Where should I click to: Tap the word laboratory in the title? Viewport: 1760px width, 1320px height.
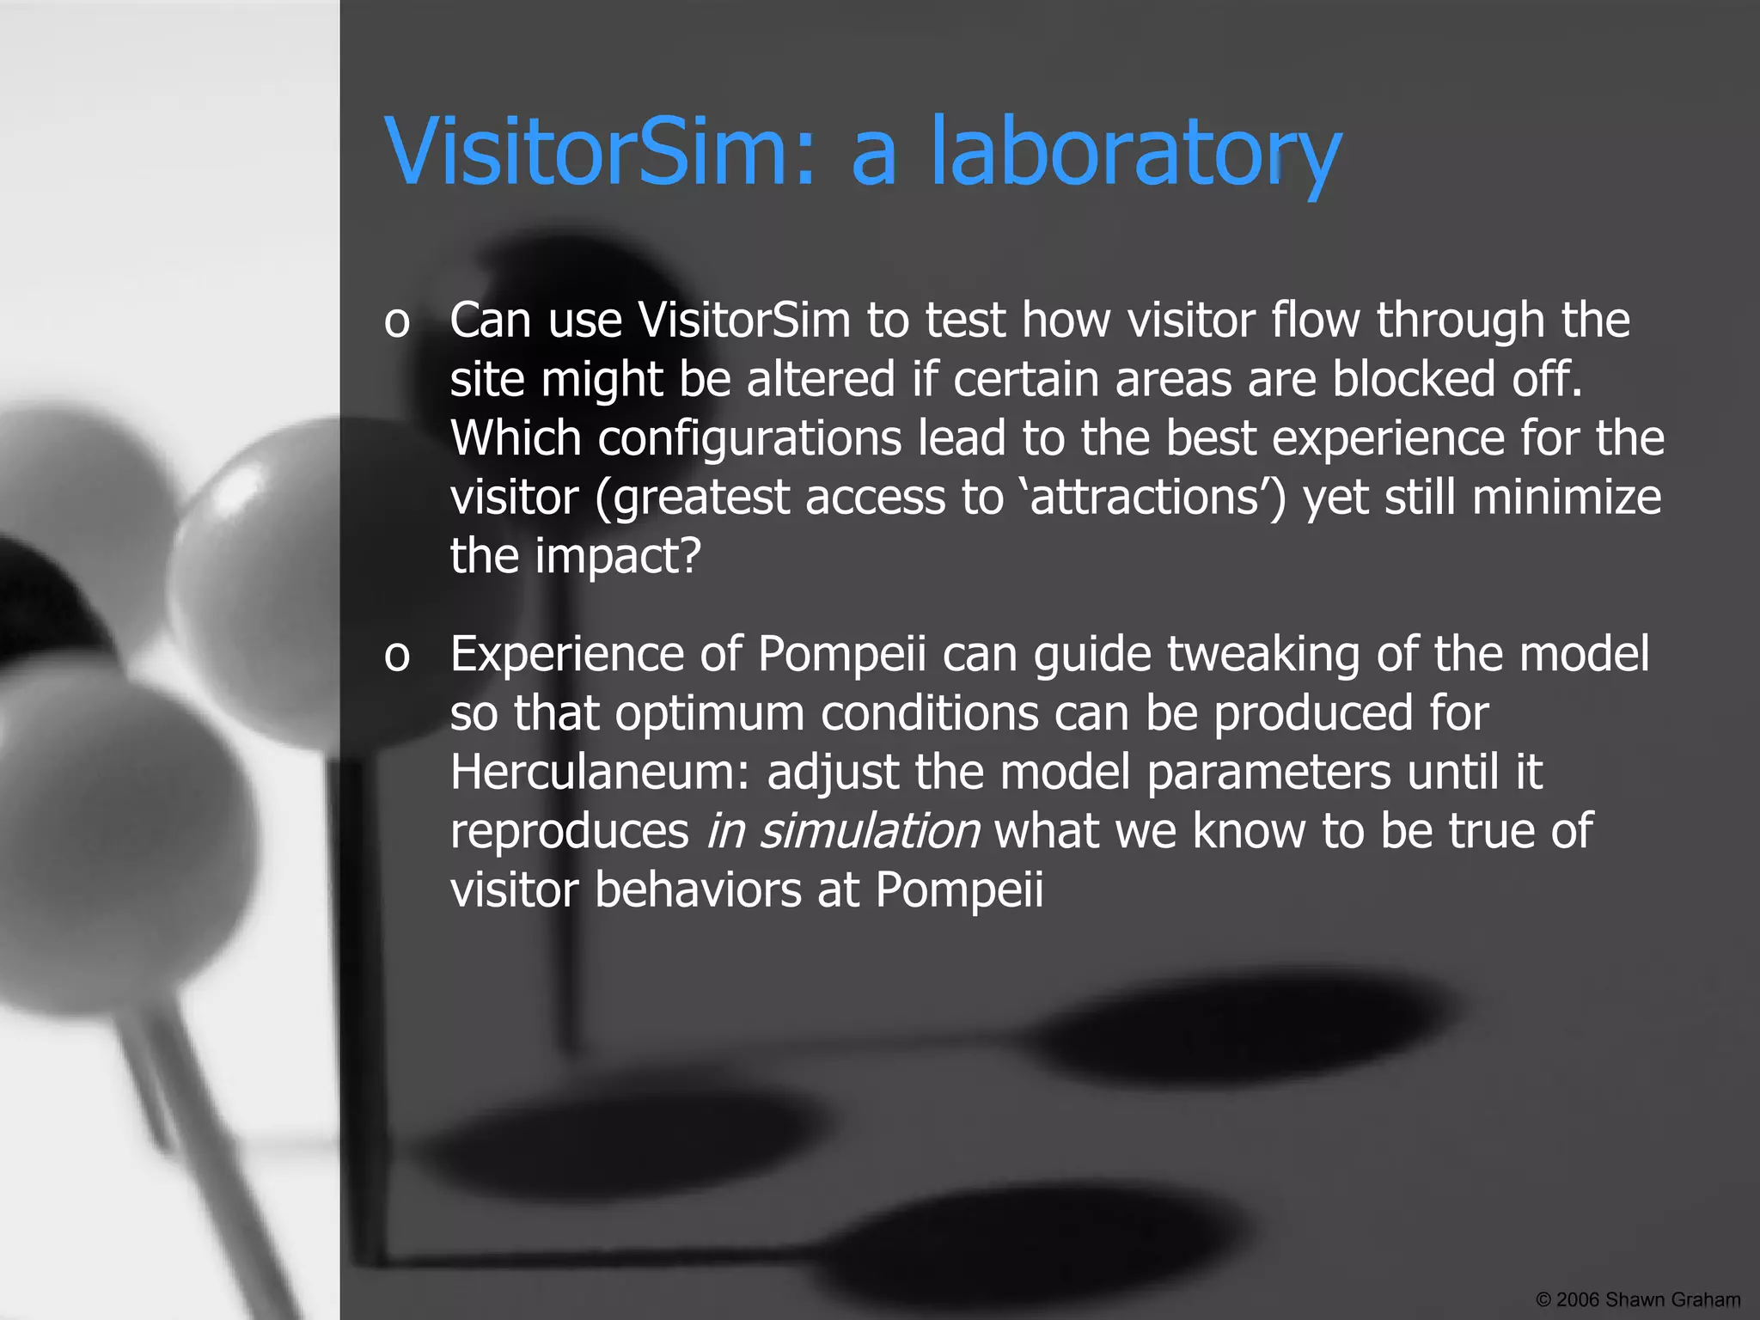click(x=1136, y=153)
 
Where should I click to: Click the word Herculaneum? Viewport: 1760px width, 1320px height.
click(x=601, y=771)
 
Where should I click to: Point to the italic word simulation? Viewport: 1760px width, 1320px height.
click(x=869, y=830)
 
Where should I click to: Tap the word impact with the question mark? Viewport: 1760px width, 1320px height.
click(x=618, y=556)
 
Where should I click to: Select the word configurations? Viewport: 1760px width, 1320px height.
click(x=749, y=438)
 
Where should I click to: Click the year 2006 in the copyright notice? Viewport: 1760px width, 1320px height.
click(x=1576, y=1299)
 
